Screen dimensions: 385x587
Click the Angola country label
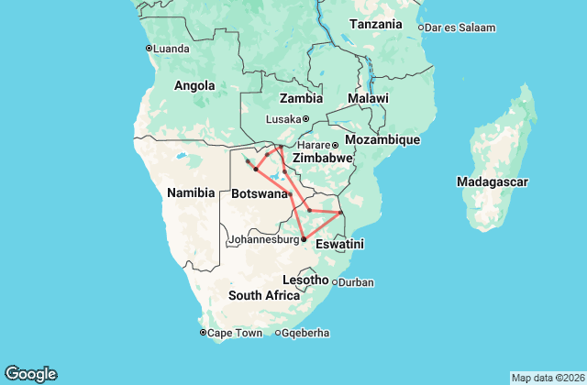[x=194, y=86]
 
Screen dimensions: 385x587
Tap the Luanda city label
[x=172, y=49]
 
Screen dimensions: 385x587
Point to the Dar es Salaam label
[x=461, y=27]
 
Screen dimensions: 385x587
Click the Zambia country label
[x=301, y=98]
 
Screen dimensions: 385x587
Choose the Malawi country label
[x=368, y=98]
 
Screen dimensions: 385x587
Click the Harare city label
[x=313, y=145]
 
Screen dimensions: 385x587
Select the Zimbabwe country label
[x=322, y=158]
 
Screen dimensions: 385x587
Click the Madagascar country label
[x=492, y=182]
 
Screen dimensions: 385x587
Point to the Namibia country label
[x=191, y=192]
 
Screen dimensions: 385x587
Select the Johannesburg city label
[x=263, y=240]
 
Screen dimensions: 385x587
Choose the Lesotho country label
[x=306, y=279]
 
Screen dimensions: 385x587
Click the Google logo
[x=30, y=373]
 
